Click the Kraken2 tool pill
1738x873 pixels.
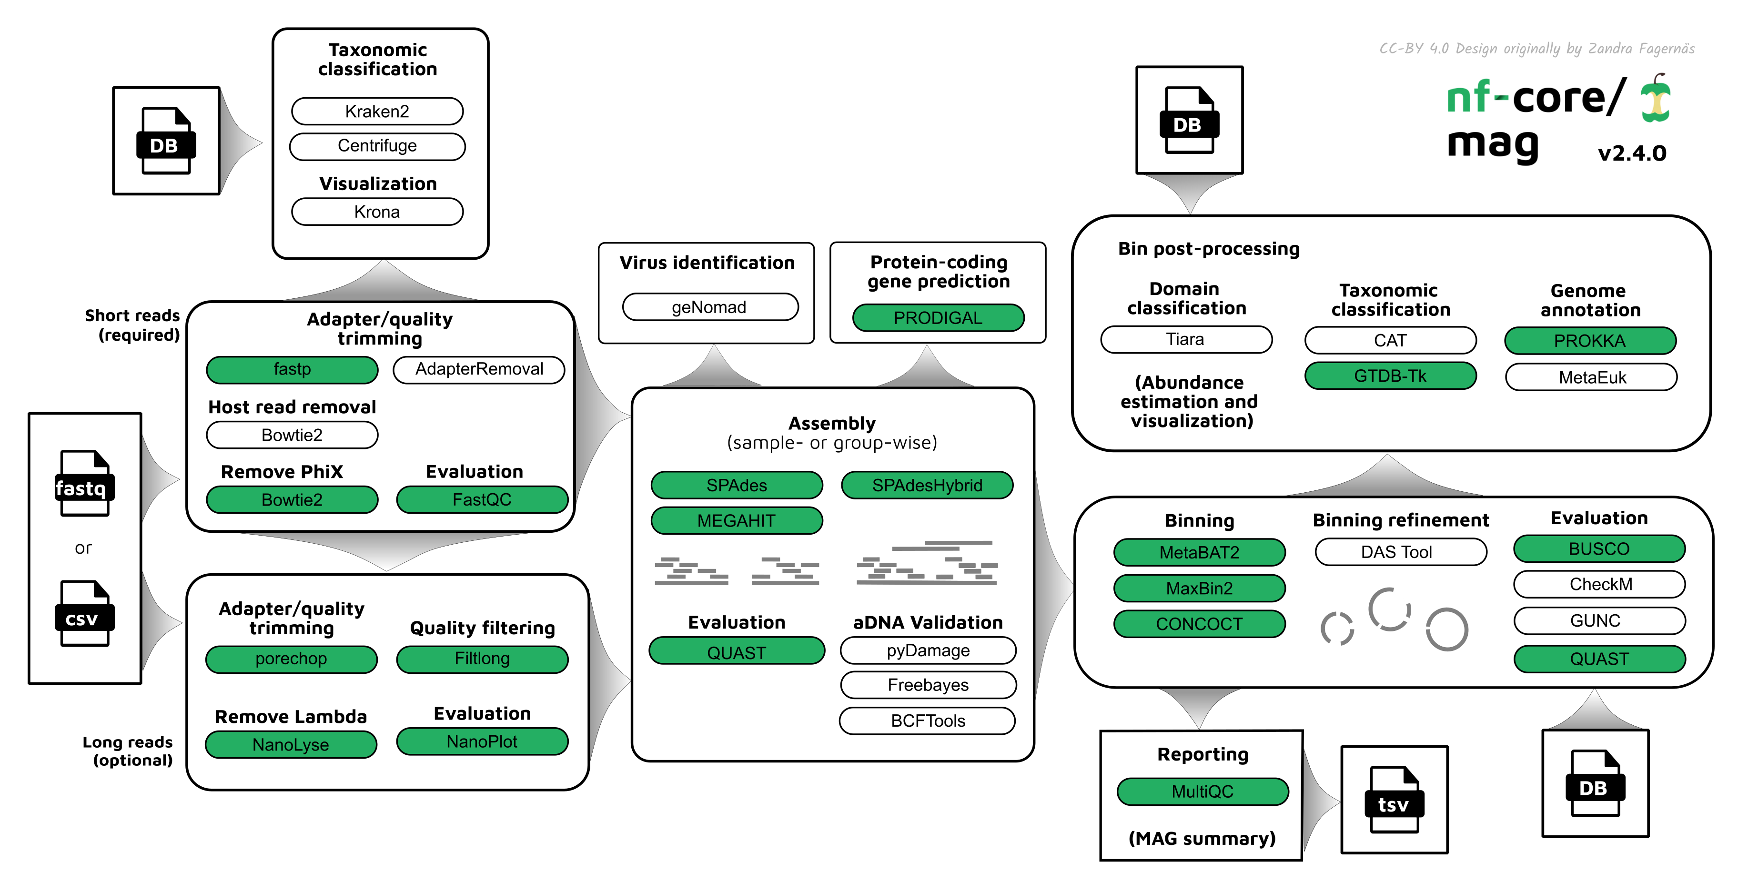coord(377,112)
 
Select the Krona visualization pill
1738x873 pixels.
coord(377,212)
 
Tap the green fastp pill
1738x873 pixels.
coord(292,369)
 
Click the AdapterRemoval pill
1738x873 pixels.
coord(479,369)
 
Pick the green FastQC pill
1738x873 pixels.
coord(482,500)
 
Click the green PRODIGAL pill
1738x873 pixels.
coord(938,318)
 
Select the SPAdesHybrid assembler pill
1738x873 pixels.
coord(927,485)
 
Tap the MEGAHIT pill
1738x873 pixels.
coord(736,521)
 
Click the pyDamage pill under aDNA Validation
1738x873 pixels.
coord(929,650)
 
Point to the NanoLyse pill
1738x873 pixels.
coord(291,745)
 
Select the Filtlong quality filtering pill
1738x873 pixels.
coord(482,659)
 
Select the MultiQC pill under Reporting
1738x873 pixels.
coord(1202,792)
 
